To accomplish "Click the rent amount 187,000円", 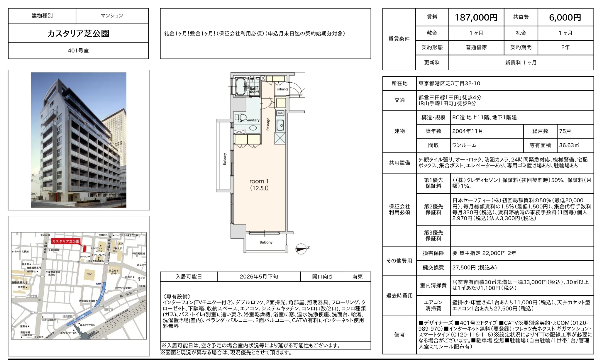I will [476, 18].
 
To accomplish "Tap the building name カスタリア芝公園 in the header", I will [78, 33].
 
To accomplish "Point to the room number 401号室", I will [78, 50].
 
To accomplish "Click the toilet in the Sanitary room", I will [241, 118].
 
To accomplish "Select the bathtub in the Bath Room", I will [241, 86].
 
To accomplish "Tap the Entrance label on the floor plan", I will [282, 89].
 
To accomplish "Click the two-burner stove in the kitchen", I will [280, 113].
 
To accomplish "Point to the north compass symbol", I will [301, 249].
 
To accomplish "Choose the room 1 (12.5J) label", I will [259, 185].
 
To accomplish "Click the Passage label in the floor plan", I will [268, 124].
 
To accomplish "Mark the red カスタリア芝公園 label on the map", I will [66, 241].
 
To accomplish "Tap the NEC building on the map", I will [89, 274].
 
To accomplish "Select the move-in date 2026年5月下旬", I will [259, 277].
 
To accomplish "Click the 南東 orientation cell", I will [357, 277].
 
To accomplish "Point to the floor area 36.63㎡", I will [569, 145].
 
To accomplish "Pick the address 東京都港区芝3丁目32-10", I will [449, 84].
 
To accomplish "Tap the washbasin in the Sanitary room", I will [253, 128].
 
